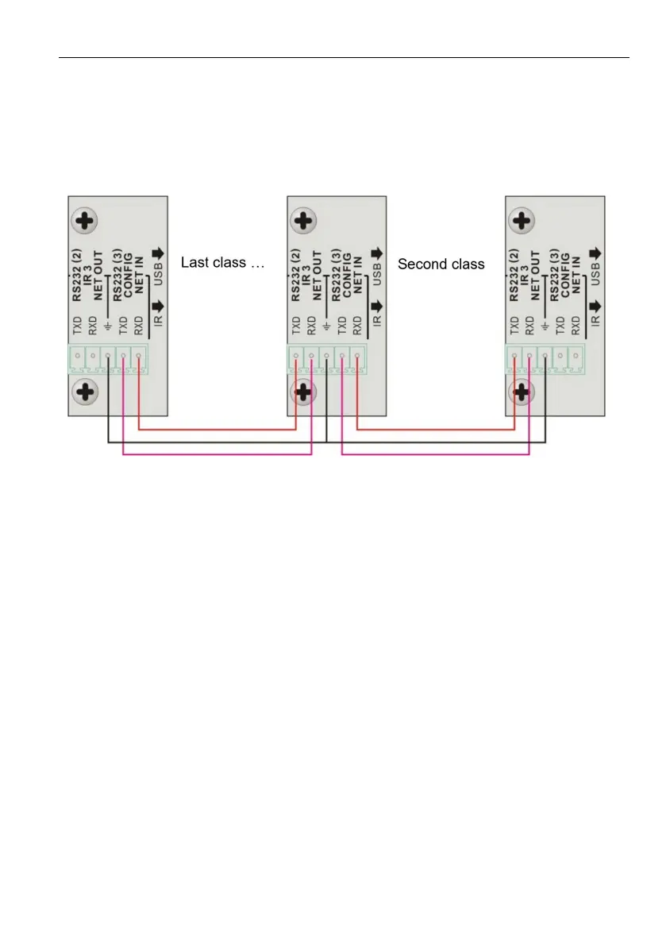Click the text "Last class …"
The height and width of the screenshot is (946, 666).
[x=222, y=262]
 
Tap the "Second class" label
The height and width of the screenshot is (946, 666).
[x=441, y=264]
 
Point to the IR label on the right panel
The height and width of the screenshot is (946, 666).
[x=594, y=320]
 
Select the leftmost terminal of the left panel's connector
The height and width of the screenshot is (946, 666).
[x=77, y=359]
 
